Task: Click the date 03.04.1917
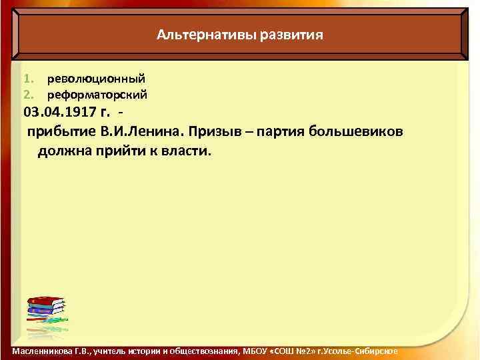pos(61,111)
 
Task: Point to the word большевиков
pos(359,130)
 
